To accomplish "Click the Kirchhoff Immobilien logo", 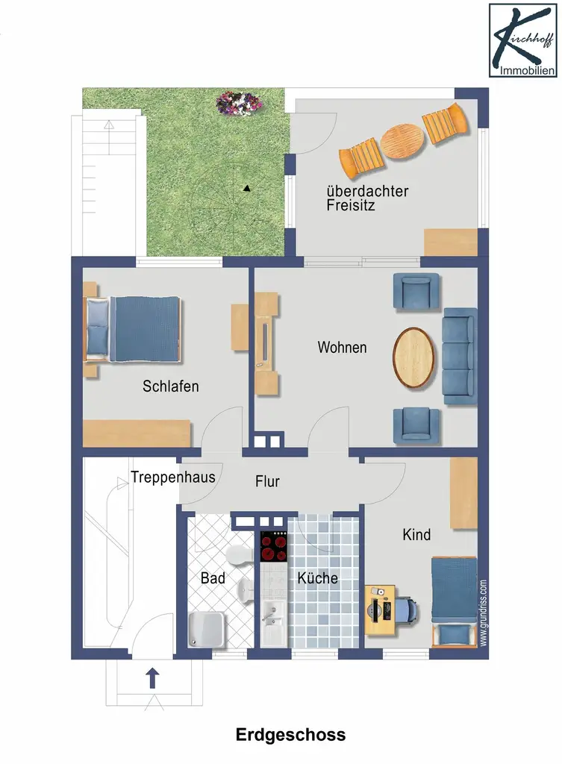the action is [x=522, y=40].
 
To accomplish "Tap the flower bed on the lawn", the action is [x=239, y=103].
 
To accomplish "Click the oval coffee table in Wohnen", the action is [x=413, y=357].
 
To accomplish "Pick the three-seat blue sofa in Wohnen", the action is [x=460, y=356].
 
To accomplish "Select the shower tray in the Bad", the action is [x=207, y=629].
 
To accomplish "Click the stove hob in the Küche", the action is [x=273, y=547].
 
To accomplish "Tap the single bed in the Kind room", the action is [x=454, y=601].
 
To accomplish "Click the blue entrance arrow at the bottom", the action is [x=152, y=677].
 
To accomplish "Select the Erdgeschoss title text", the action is [x=290, y=734].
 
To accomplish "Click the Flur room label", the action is [x=267, y=481].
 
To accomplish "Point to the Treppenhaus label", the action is [x=173, y=477].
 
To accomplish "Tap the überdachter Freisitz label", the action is [x=367, y=198].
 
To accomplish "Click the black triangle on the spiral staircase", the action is [x=247, y=188].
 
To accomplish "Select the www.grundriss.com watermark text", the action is [x=483, y=613].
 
